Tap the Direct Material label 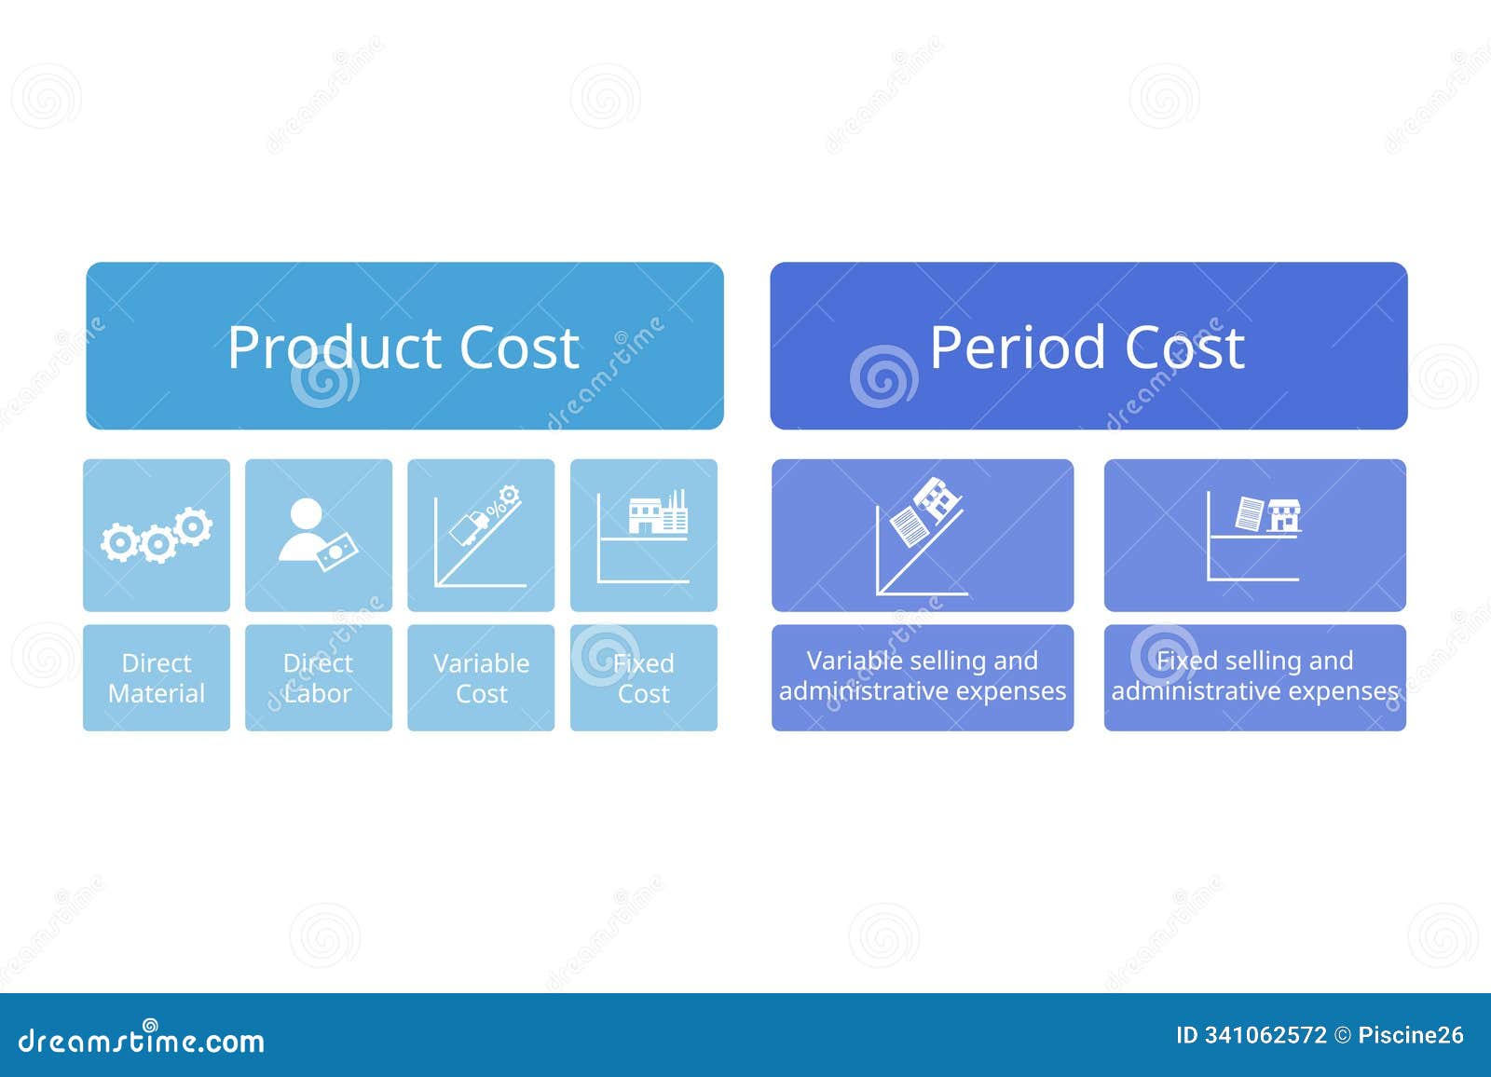point(157,678)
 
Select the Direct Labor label point(318,678)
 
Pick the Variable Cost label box point(481,678)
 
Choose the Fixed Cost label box point(643,678)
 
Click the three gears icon point(157,537)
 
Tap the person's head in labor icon point(306,514)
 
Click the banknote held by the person point(336,552)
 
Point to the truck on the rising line point(469,527)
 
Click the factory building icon point(657,515)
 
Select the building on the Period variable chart point(937,498)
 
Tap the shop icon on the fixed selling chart point(1284,515)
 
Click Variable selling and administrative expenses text point(923,676)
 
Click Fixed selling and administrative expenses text point(1254,676)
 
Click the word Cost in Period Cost point(1184,348)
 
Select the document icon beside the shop point(1249,513)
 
